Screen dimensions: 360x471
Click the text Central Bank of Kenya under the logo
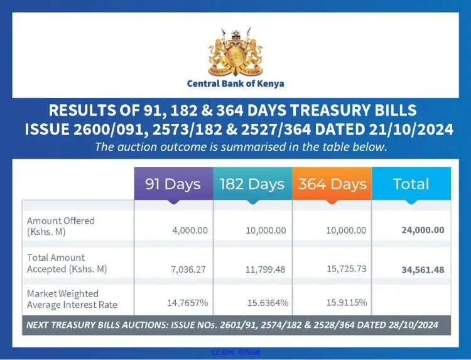pyautogui.click(x=235, y=84)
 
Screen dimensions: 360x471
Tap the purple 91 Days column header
pyautogui.click(x=173, y=184)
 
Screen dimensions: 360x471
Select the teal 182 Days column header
pyautogui.click(x=252, y=185)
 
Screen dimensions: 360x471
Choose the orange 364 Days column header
pyautogui.click(x=332, y=185)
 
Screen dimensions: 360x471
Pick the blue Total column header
pyautogui.click(x=411, y=184)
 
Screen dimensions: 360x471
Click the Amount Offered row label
pyautogui.click(x=61, y=226)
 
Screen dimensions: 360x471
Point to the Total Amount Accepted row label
pyautogui.click(x=67, y=263)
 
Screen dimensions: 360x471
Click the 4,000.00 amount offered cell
pyautogui.click(x=190, y=231)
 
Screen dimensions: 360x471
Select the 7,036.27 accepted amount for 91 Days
pyautogui.click(x=189, y=269)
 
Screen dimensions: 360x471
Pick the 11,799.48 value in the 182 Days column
pyautogui.click(x=266, y=269)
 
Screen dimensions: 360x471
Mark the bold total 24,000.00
pyautogui.click(x=423, y=230)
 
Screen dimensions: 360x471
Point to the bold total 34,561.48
pyautogui.click(x=423, y=270)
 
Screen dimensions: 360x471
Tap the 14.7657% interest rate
pyautogui.click(x=187, y=303)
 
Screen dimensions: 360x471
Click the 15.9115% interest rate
pyautogui.click(x=346, y=303)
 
